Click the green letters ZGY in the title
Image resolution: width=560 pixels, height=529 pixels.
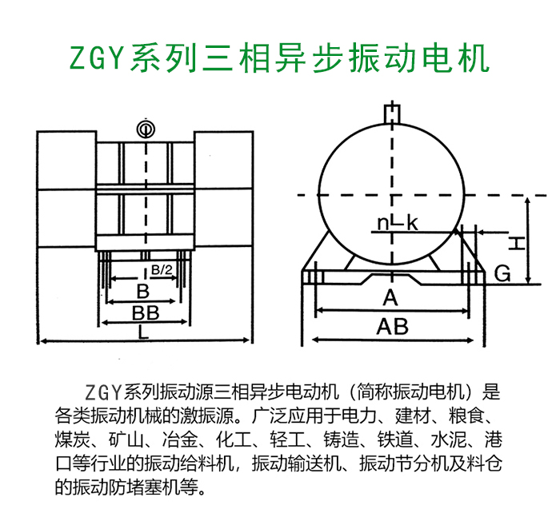[97, 58]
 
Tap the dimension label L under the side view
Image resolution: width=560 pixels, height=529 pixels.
[143, 332]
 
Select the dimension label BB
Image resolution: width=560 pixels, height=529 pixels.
[146, 313]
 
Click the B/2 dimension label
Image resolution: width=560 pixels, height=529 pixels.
[162, 269]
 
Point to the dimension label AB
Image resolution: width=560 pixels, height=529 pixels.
[392, 326]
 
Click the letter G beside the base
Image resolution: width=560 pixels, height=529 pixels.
[502, 274]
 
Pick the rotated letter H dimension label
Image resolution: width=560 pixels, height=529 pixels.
[517, 245]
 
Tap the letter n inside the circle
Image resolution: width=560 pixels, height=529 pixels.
[383, 224]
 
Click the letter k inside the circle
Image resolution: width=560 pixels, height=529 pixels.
[412, 223]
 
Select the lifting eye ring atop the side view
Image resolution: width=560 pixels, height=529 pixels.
[146, 129]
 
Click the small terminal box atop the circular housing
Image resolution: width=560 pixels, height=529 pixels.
[392, 114]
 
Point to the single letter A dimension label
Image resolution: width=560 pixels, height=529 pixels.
[390, 297]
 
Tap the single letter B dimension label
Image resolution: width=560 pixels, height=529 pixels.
[143, 292]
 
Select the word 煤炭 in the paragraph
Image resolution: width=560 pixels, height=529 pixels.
[73, 440]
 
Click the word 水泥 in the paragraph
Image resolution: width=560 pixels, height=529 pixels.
[449, 440]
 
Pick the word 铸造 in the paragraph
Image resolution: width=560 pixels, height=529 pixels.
[341, 440]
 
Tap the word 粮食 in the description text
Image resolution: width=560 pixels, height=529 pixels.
[466, 416]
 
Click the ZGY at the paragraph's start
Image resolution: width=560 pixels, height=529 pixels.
[103, 392]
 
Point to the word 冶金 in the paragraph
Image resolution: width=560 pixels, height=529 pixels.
[180, 440]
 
